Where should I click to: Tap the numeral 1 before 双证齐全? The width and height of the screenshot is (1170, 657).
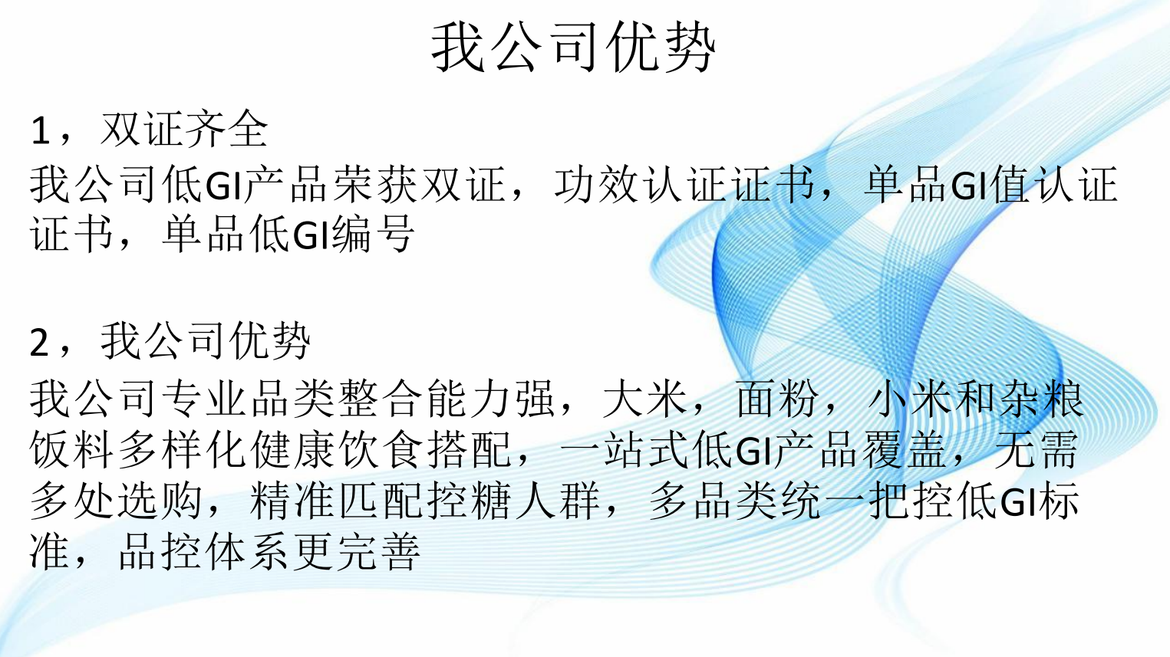coord(41,130)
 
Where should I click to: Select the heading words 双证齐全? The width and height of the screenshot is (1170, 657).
coord(184,129)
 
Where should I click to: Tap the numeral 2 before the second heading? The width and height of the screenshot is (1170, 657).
coord(40,343)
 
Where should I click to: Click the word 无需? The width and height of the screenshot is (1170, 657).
coord(1037,450)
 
